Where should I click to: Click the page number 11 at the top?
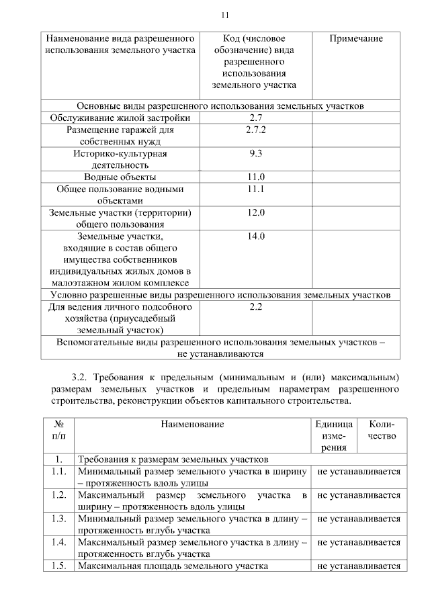(225, 15)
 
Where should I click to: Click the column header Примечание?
(356, 39)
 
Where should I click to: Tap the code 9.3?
(255, 153)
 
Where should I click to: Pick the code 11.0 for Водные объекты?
(255, 177)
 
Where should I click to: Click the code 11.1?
(255, 189)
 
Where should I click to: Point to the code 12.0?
(255, 212)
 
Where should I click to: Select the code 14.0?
(255, 236)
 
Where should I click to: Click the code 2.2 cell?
(255, 306)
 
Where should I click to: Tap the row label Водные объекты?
(120, 177)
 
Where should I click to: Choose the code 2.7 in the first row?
(255, 118)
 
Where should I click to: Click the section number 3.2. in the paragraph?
(83, 374)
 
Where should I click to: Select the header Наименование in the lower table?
(192, 424)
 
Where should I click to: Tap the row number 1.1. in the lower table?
(58, 471)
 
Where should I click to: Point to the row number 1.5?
(58, 566)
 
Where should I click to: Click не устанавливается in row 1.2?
(359, 495)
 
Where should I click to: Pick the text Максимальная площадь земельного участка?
(173, 566)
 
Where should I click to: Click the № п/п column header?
(58, 430)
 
